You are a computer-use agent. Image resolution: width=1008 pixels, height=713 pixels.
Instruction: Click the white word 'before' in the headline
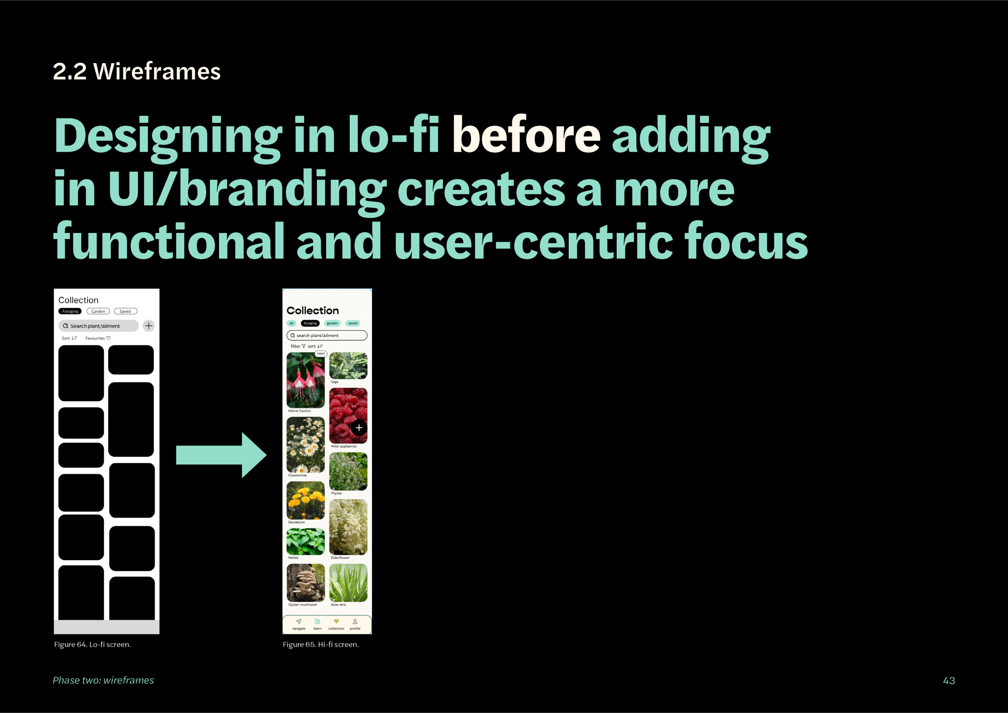coord(526,135)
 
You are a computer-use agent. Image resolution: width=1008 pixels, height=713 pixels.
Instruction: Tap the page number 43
coord(949,681)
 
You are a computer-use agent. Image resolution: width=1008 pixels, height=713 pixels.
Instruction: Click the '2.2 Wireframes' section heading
coord(137,72)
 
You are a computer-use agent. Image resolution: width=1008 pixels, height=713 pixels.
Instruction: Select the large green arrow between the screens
coord(221,455)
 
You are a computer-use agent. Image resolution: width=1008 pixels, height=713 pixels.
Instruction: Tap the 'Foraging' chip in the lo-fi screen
coord(70,311)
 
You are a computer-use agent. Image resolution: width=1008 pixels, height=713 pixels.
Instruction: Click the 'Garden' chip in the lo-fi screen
coord(98,311)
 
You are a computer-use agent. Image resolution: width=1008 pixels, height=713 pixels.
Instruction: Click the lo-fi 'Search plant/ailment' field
coord(98,326)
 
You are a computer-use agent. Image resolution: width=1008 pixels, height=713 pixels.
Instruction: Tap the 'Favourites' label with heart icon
coord(98,338)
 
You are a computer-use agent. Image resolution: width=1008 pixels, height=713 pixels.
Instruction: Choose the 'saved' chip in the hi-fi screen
coord(353,323)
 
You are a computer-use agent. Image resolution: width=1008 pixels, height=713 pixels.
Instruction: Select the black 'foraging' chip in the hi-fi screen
coord(310,323)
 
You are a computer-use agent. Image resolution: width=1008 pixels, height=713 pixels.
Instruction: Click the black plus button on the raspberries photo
coord(359,428)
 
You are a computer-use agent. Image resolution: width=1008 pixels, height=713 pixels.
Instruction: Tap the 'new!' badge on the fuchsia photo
coord(321,353)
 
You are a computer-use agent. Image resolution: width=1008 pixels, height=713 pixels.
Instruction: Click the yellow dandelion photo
coord(306,500)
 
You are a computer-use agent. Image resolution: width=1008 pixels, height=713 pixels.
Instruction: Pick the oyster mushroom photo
coord(306,583)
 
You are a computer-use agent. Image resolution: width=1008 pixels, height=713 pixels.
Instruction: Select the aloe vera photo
coord(348,583)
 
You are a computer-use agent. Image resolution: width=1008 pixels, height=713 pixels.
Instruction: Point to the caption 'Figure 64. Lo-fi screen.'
coord(92,645)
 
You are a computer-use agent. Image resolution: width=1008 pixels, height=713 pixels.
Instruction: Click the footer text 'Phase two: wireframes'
coord(103,680)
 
